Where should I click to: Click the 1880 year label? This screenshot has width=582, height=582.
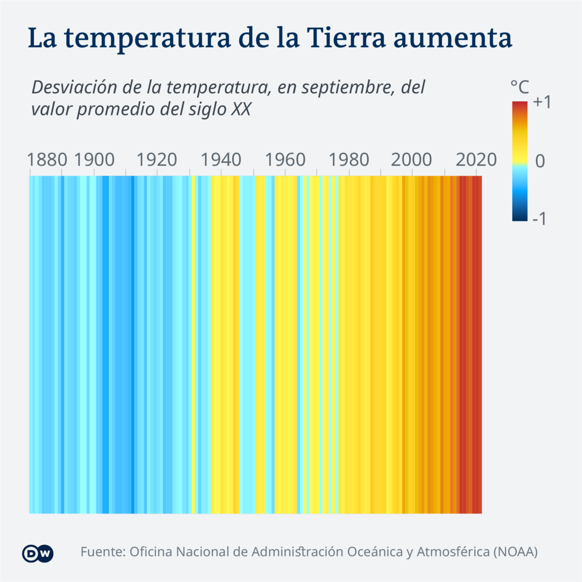point(47,160)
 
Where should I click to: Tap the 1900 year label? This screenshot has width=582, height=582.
point(94,160)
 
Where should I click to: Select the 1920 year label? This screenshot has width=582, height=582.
point(157,160)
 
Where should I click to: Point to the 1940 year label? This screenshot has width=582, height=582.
point(221,160)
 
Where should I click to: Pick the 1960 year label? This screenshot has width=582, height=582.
point(285,160)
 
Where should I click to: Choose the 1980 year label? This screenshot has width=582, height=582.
point(349,160)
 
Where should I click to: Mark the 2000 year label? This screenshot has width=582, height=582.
point(411,160)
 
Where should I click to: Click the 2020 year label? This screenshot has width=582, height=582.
point(476,160)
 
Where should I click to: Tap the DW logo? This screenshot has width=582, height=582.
point(37,553)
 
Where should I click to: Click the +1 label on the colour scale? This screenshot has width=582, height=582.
point(542,102)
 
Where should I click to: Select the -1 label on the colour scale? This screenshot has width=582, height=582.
point(539,219)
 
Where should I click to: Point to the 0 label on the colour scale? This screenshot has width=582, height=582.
point(540,161)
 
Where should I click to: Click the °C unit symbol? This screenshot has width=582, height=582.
point(519,87)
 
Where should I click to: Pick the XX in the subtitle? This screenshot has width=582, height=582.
point(241,109)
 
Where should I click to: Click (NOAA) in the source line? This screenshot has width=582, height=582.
point(515,552)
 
